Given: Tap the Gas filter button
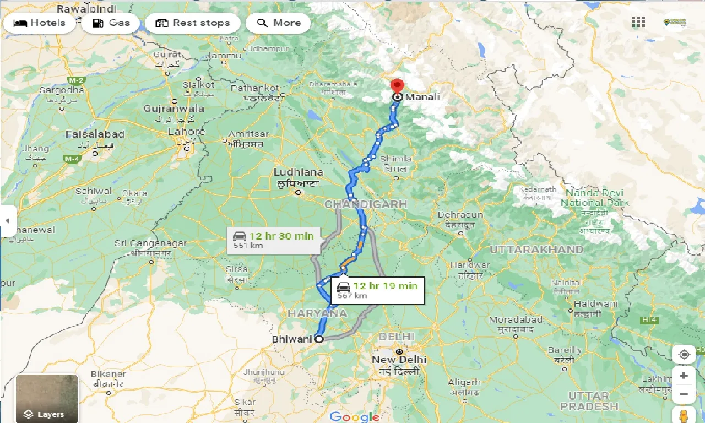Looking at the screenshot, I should [112, 23].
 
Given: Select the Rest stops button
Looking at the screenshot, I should [193, 23].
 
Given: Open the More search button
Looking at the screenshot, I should [279, 23].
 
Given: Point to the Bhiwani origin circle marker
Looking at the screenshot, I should [319, 339].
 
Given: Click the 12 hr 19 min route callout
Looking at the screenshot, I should [378, 290].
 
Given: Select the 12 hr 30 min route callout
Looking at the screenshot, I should [273, 241].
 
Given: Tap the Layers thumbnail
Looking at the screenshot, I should [47, 398].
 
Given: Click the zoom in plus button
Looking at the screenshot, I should [684, 376].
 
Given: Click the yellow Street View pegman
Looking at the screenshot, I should [684, 415].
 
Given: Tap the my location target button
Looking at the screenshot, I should [684, 354].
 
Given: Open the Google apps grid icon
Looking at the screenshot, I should [638, 22].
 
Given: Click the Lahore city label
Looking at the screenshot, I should [186, 132].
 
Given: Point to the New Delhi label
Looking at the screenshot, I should [399, 359].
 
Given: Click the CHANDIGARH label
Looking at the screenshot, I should [366, 204].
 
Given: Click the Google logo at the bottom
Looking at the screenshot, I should [354, 417].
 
